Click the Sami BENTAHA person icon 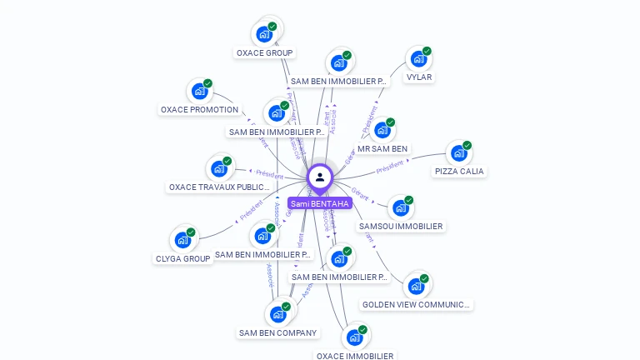pos(320,177)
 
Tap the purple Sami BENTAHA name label pos(320,203)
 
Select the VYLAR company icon pos(417,60)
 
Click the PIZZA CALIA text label pos(459,172)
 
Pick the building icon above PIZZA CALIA pos(457,154)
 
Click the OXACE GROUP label pos(264,53)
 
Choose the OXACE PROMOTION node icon pos(198,92)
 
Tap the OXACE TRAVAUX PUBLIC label pos(219,187)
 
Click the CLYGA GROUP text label pos(183,259)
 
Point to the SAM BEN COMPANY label pos(278,333)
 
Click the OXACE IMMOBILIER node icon pos(354,338)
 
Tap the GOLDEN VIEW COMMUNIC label pos(417,305)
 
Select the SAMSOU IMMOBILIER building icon pos(400,208)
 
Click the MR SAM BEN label pos(382,149)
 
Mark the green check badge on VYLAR pos(427,51)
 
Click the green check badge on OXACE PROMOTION pos(208,82)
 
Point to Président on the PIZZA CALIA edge pos(390,167)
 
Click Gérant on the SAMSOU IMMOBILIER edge pos(360,193)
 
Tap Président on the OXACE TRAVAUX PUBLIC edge pos(269,175)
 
